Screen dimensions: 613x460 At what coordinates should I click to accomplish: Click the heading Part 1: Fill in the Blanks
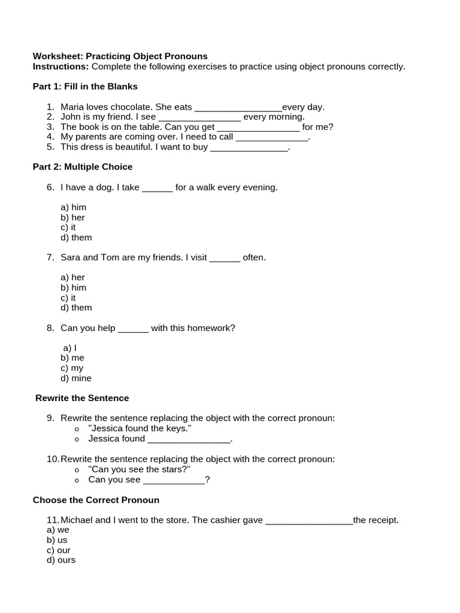click(x=85, y=86)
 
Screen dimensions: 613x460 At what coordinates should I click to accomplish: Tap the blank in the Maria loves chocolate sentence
click(x=238, y=108)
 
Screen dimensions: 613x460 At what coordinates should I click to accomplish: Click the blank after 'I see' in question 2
click(x=199, y=117)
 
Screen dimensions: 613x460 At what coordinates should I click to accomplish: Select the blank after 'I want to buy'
click(x=249, y=147)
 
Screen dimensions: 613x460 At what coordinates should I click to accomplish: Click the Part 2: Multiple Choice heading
click(x=83, y=167)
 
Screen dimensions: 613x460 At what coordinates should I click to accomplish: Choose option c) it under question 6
click(x=68, y=227)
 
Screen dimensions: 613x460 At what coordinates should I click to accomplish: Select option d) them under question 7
click(x=76, y=308)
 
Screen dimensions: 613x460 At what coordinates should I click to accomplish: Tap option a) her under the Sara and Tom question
click(x=72, y=277)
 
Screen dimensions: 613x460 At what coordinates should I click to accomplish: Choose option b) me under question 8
click(x=72, y=358)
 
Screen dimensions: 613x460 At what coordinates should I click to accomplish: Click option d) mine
click(x=75, y=378)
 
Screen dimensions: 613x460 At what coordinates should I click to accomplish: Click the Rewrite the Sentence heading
click(x=82, y=398)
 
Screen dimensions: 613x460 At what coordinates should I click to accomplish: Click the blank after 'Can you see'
click(x=174, y=480)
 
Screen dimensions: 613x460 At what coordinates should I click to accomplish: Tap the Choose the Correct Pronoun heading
click(x=96, y=500)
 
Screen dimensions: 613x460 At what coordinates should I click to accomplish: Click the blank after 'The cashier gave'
click(x=308, y=521)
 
